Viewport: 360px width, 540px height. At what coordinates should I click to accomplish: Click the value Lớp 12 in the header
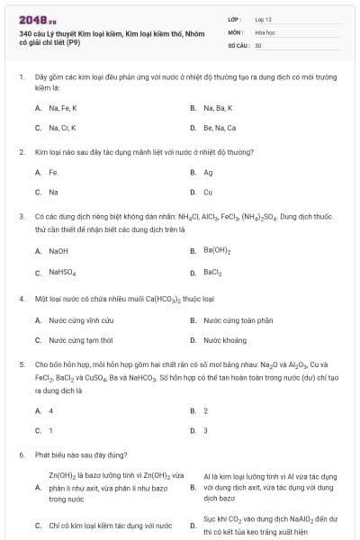[262, 18]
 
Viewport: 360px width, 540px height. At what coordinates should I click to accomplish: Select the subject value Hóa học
[264, 31]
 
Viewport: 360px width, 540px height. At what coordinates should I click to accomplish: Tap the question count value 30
[258, 44]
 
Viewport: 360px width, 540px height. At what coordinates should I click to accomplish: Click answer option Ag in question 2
[208, 172]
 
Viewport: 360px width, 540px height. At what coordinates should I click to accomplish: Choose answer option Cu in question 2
[208, 192]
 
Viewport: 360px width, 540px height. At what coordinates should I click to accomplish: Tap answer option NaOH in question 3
[58, 250]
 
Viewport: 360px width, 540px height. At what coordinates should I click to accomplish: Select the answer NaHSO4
[62, 272]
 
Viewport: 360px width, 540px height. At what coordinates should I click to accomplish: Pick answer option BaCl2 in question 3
[212, 271]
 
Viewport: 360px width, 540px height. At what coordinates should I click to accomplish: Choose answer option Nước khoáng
[224, 340]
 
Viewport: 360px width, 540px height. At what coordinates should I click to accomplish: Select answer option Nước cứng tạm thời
[80, 340]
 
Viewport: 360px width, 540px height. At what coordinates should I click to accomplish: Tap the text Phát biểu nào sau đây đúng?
[81, 455]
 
